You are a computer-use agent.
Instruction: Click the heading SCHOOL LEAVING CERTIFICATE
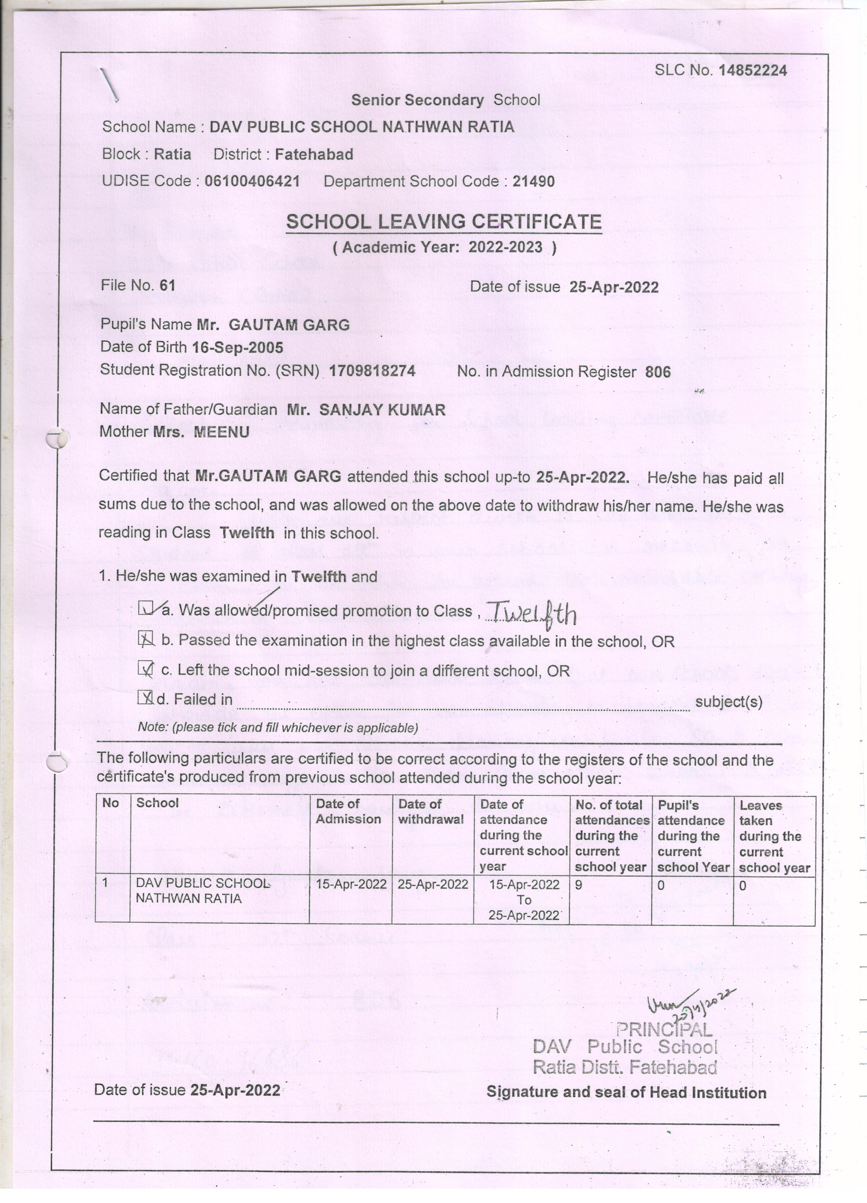pyautogui.click(x=443, y=222)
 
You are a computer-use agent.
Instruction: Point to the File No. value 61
pyautogui.click(x=168, y=285)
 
